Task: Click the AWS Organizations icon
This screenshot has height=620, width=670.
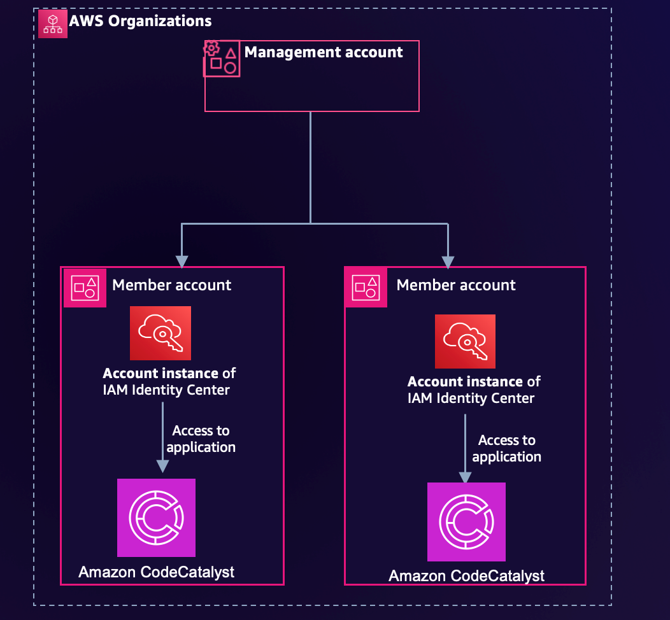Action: coord(53,23)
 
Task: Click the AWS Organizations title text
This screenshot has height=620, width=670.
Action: coord(140,21)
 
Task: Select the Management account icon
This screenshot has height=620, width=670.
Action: coord(222,59)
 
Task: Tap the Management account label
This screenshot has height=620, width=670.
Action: coord(324,52)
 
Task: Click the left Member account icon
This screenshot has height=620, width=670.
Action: coord(85,288)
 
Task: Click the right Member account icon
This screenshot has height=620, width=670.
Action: coord(366,288)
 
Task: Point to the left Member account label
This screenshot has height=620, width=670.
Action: coord(172,285)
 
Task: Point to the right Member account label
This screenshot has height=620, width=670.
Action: coord(456,285)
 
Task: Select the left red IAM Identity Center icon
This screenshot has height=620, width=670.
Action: coord(160,333)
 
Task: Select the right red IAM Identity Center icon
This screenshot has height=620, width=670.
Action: coord(465,341)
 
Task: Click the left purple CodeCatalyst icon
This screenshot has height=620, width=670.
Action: coord(156,518)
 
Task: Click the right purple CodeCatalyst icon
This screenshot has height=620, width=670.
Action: coord(466,522)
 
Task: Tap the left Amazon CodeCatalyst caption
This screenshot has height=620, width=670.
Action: coord(157,572)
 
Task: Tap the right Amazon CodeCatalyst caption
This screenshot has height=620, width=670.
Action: coord(467,576)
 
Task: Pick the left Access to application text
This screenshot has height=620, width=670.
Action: coord(201,439)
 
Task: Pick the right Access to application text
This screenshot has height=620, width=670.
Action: coord(507,449)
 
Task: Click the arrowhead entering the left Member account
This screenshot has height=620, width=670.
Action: coord(182,261)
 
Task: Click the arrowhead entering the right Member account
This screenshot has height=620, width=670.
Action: coord(448,262)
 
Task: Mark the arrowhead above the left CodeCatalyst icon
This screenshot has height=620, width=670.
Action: coord(162,465)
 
